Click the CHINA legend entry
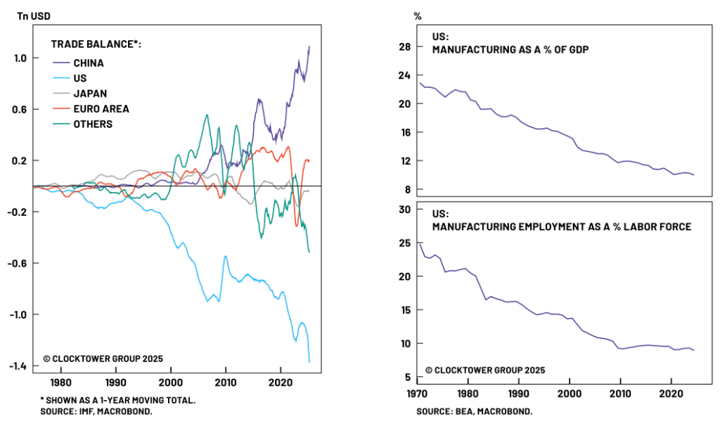pos(88,63)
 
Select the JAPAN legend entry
pos(90,94)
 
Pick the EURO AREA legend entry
pos(101,109)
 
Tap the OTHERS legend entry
pos(93,124)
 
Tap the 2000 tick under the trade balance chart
pos(169,383)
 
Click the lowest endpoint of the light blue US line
pos(309,362)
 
